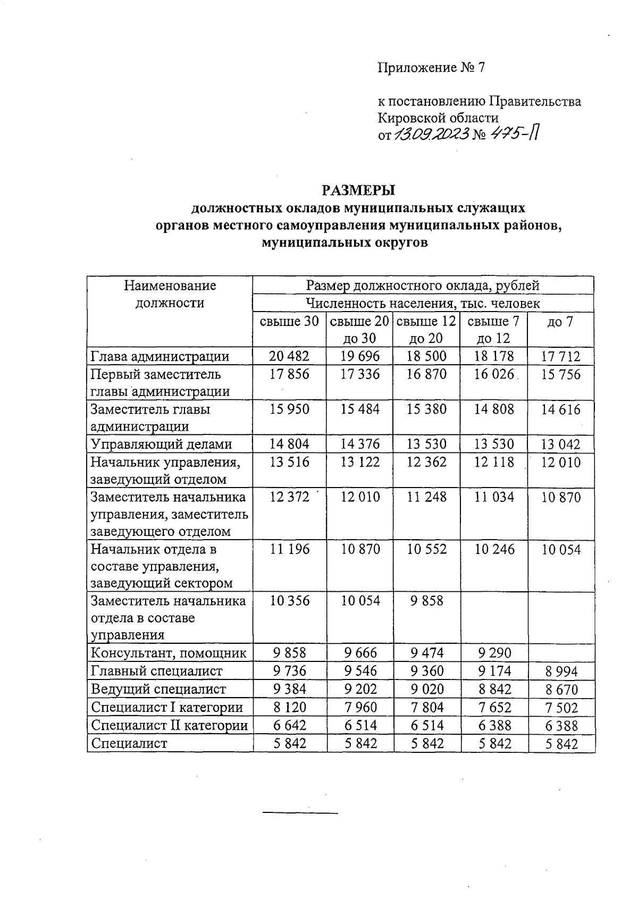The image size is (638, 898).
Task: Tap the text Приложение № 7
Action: (431, 68)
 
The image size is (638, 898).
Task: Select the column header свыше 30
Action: (289, 321)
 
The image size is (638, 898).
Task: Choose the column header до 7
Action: (560, 321)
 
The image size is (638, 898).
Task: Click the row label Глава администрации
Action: (160, 356)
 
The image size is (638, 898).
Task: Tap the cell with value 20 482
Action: (289, 356)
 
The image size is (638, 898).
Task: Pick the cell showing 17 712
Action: (560, 356)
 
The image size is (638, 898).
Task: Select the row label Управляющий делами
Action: (162, 444)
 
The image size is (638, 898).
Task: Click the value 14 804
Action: (289, 444)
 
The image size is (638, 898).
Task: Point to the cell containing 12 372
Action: (289, 497)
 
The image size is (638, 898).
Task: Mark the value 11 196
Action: (289, 549)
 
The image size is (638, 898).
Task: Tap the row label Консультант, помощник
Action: (169, 653)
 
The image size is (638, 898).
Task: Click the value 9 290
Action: (494, 653)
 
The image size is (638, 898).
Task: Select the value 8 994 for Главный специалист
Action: (560, 672)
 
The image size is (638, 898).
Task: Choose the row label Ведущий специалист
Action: (158, 689)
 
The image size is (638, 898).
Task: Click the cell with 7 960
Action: (360, 708)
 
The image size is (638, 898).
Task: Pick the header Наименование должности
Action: (170, 294)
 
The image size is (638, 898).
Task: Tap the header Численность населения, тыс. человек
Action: (423, 303)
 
